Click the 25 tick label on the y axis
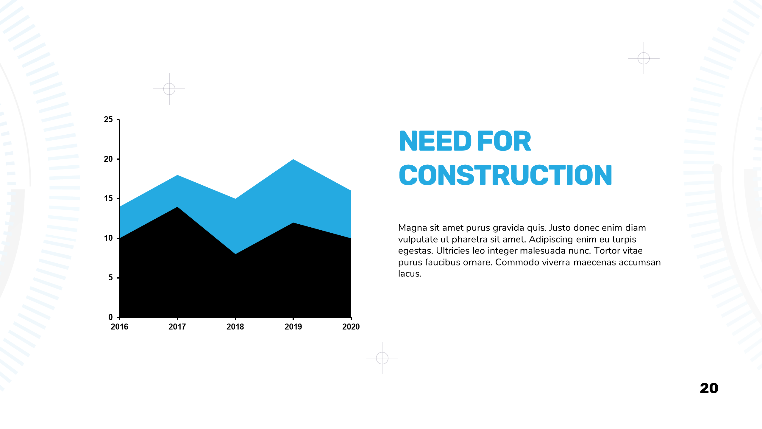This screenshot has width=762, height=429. pos(108,119)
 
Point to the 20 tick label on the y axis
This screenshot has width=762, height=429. pos(108,159)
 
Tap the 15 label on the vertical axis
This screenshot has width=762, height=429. pos(108,198)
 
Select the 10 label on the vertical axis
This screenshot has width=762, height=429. pos(108,238)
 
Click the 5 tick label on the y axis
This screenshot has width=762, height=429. pos(111,278)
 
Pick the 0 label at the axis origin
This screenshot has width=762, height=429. pos(111,317)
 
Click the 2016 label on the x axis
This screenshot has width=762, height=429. pos(119,327)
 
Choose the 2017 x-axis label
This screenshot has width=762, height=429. pos(177,327)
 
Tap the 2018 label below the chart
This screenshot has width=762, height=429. pos(235,327)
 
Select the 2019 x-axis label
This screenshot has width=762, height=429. pos(293,327)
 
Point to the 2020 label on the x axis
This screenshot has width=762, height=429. pos(351,327)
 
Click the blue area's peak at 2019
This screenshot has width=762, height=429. pos(293,159)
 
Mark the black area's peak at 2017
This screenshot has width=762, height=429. pos(177,207)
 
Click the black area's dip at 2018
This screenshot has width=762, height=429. pos(235,254)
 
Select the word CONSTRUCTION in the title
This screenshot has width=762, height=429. pos(505,175)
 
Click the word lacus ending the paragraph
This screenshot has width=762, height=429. pos(410,273)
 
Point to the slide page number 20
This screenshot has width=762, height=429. pos(709,388)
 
